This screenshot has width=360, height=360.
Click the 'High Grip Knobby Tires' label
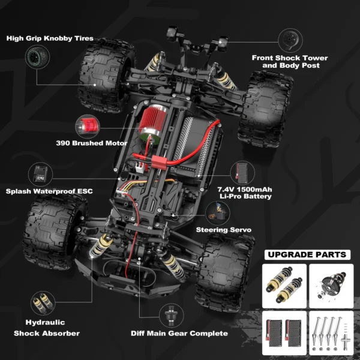pos(50,38)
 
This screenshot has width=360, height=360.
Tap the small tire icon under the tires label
pos(33,58)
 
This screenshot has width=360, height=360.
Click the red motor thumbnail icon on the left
pos(83,127)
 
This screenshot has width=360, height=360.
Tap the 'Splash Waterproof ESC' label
pos(49,191)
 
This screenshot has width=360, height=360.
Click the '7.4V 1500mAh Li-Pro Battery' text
pos(244,192)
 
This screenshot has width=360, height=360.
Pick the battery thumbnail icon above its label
pos(242,170)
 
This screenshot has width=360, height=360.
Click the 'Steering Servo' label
pos(223,229)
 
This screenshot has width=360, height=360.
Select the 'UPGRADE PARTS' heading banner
pos(307,254)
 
